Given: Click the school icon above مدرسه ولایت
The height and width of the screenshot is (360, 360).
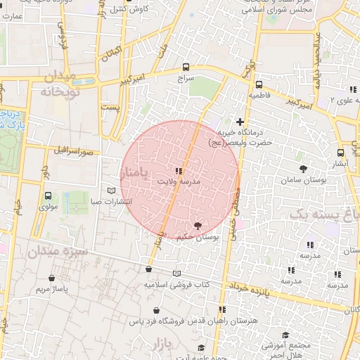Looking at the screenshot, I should click(178, 170).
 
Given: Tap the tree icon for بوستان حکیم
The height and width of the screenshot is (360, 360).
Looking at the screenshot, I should click(197, 226).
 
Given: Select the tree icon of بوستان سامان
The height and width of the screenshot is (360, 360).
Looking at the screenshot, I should click(303, 169).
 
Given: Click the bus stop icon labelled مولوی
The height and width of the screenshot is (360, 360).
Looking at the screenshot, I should click(48, 196).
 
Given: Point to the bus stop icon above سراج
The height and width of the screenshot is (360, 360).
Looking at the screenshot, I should click(186, 67).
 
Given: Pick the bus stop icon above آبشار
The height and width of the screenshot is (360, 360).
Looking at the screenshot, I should click(341, 152).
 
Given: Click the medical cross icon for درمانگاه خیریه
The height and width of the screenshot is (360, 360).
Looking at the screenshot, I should click(240, 122).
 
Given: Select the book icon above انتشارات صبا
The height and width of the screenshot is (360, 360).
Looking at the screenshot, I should click(110, 191).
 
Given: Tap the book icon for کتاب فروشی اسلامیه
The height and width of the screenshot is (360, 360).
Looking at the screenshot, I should click(176, 274).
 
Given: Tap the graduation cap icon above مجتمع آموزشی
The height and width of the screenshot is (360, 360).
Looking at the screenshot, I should click(285, 335).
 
